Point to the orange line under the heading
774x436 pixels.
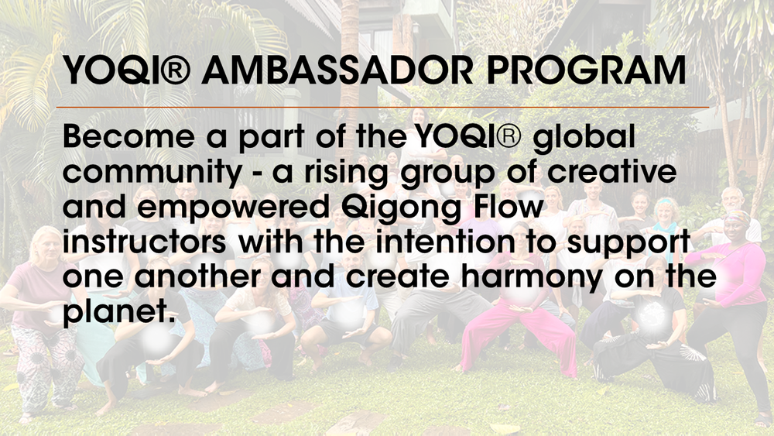pyautogui.click(x=387, y=107)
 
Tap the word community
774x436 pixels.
pyautogui.click(x=152, y=174)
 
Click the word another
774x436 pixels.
pyautogui.click(x=194, y=276)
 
